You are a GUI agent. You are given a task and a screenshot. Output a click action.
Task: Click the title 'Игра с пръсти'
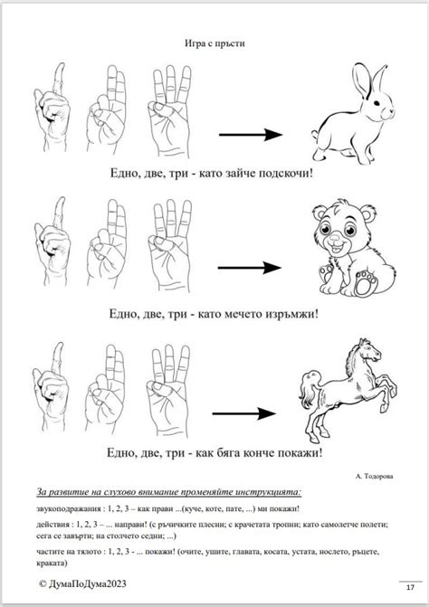pos(214,41)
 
